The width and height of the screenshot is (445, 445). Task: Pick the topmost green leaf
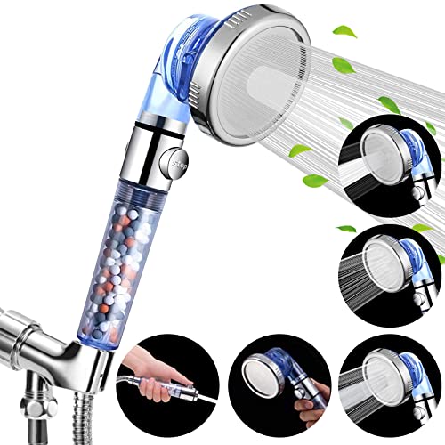(345, 29)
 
